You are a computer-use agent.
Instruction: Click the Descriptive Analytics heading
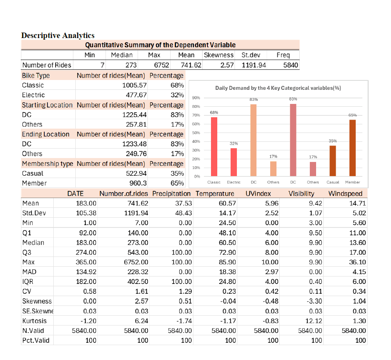pos(58,35)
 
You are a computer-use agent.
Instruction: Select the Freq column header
pos(283,55)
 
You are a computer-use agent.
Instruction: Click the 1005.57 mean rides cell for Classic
pos(135,85)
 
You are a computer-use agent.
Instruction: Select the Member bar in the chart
pos(352,148)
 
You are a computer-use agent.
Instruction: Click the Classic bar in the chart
pos(214,147)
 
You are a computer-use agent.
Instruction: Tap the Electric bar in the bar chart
pos(234,162)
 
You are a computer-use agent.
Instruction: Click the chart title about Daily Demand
pos(278,88)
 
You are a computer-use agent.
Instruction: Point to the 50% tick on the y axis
pos(196,133)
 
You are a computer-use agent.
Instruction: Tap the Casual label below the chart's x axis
pos(333,182)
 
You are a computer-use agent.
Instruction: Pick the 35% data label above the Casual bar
pos(333,141)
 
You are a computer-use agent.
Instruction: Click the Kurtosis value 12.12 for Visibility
pos(314,321)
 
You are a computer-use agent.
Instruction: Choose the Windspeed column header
pos(345,194)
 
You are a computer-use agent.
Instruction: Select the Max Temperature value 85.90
pos(227,262)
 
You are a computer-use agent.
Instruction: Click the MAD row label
pos(29,272)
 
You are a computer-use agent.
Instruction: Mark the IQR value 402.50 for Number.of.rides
pos(138,282)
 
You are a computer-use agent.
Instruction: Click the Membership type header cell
pos(47,164)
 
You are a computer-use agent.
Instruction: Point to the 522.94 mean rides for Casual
pos(136,173)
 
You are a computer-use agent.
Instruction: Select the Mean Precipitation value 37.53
pos(184,204)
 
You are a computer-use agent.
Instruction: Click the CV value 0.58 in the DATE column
pos(90,291)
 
